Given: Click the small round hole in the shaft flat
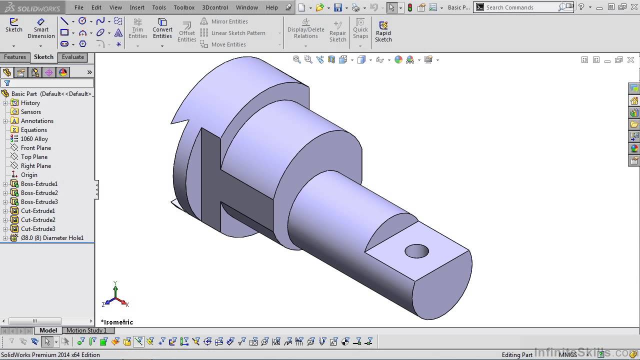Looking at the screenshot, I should click(416, 251).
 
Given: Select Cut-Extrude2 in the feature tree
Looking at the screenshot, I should click(38, 220).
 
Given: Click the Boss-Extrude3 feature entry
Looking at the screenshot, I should click(39, 202).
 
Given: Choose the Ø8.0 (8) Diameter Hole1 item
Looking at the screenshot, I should click(51, 238).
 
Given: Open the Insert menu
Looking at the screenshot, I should click(137, 7).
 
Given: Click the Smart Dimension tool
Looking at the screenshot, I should click(41, 28).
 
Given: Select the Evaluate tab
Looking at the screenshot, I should click(73, 57).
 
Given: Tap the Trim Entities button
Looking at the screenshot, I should click(137, 28).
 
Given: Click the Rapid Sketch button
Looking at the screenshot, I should click(383, 31).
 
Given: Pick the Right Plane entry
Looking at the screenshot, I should click(35, 166).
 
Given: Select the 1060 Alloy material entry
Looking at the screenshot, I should click(34, 139).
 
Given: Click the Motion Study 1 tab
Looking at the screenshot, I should click(86, 330).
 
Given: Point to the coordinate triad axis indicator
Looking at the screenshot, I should click(115, 296).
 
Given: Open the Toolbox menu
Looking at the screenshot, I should click(184, 7).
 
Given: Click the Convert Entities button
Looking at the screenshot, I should click(162, 28).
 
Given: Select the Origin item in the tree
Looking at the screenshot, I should click(29, 175).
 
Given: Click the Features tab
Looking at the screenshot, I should click(15, 57).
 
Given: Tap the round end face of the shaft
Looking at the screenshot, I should click(442, 285).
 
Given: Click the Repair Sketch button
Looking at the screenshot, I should click(337, 31).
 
